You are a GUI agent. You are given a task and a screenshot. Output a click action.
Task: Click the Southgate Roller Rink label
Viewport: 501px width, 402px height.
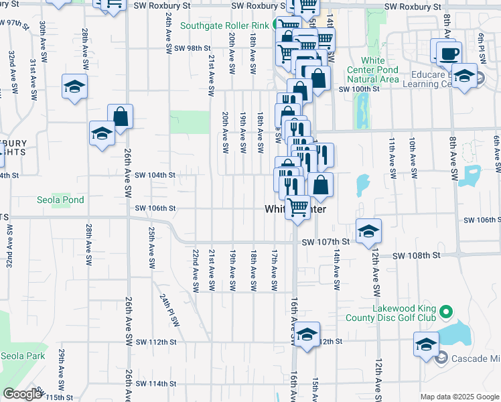(224, 25)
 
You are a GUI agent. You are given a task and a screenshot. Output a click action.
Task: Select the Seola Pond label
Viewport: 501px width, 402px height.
(60, 200)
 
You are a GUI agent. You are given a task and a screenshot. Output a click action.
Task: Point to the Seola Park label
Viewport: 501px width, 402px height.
(23, 356)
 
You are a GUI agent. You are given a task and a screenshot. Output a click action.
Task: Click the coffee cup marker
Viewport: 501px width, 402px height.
(447, 52)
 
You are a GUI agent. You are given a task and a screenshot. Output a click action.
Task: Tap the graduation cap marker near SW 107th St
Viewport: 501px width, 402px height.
(368, 230)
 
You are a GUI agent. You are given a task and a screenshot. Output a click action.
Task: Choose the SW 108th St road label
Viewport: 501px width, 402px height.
(416, 255)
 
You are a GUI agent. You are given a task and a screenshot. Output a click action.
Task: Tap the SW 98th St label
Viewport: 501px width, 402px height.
(192, 48)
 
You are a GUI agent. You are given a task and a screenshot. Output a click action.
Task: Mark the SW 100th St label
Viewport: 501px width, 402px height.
(354, 89)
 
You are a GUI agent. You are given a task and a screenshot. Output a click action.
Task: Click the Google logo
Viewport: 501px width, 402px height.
(22, 394)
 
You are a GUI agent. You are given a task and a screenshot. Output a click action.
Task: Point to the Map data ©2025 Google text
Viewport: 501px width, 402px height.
(459, 397)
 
